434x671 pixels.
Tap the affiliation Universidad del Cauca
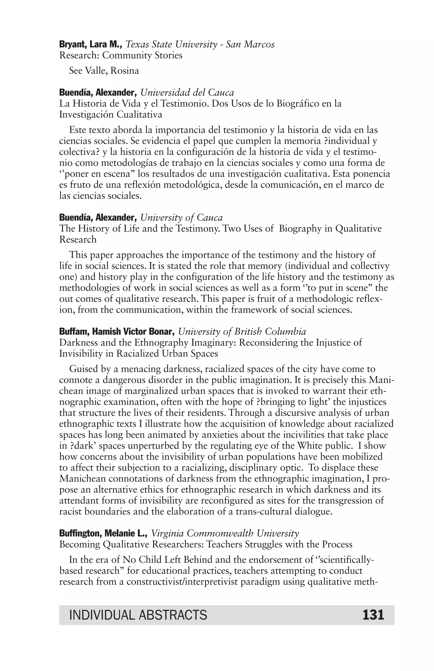point(187,93)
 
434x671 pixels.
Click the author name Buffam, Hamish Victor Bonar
point(117,332)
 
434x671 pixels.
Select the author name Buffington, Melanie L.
point(103,533)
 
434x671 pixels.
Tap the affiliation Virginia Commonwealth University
point(225,533)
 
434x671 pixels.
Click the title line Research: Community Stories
point(121,55)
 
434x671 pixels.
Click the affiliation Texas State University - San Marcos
point(200,45)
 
